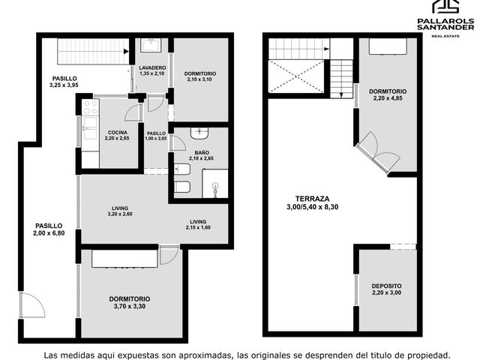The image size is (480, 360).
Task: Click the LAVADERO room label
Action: click(x=152, y=67)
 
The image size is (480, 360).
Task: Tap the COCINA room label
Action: click(x=118, y=133)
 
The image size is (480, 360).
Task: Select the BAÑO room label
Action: click(x=202, y=152)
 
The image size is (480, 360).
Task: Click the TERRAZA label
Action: click(x=313, y=199)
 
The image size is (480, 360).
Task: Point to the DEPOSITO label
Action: click(x=387, y=286)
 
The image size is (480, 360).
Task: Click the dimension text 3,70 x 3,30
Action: click(x=130, y=306)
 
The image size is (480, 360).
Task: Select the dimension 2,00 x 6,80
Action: click(x=49, y=233)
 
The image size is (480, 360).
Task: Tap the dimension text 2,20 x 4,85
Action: click(x=388, y=98)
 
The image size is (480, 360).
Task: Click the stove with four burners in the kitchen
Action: click(x=91, y=107)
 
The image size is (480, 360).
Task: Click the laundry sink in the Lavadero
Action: click(x=151, y=45)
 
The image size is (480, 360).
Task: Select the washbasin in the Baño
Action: click(x=199, y=133)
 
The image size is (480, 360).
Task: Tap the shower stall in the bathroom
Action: click(x=215, y=183)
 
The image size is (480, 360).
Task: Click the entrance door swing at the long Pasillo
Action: click(x=33, y=305)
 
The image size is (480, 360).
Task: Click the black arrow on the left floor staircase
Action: click(x=126, y=52)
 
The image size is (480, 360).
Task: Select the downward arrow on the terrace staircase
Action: click(x=341, y=95)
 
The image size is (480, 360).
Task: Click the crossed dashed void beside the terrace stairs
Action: click(x=296, y=76)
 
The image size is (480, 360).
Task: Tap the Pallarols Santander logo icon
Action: click(x=445, y=7)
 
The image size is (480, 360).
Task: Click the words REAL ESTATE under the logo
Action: click(x=445, y=36)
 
